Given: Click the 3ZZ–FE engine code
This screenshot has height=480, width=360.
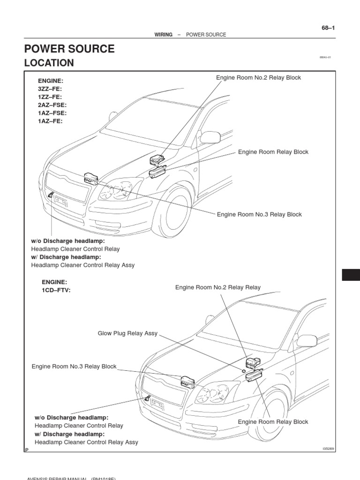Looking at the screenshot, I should [50, 89].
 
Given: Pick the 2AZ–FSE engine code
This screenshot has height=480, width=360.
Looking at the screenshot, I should [52, 105].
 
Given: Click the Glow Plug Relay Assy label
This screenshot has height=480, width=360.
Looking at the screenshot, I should [127, 334].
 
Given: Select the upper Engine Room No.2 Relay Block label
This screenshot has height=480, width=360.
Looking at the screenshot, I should [258, 78].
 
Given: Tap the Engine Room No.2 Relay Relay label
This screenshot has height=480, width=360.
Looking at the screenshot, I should [218, 287].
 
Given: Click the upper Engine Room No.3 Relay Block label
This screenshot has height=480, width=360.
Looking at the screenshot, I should [259, 215].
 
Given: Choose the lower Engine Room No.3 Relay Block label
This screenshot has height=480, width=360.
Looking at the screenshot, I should [74, 367].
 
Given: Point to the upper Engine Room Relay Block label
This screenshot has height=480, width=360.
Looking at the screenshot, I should [273, 152].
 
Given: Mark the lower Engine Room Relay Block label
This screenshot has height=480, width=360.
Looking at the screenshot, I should [273, 422].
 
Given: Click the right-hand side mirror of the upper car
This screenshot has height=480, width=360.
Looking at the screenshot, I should [210, 137].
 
